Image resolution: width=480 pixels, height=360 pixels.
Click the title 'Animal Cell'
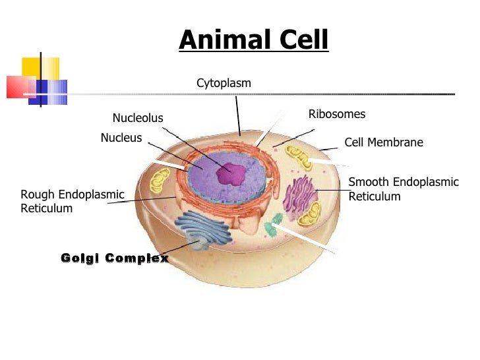(253, 40)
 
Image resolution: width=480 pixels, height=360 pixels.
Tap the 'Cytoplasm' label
(224, 83)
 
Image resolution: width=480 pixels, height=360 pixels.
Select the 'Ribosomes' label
(336, 115)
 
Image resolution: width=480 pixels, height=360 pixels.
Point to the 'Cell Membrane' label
(384, 142)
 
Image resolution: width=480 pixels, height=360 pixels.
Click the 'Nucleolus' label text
(137, 119)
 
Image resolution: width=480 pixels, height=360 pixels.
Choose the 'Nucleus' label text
(121, 138)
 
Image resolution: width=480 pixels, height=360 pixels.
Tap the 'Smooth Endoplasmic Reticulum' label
(403, 189)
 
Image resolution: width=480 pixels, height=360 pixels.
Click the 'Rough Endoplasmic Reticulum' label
(72, 201)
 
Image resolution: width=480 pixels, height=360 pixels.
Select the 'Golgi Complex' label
(114, 258)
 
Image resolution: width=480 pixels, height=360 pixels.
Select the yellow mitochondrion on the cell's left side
(159, 180)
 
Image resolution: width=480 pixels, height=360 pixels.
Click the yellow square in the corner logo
(40, 68)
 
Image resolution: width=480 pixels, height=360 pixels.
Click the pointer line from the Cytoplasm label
(238, 115)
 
